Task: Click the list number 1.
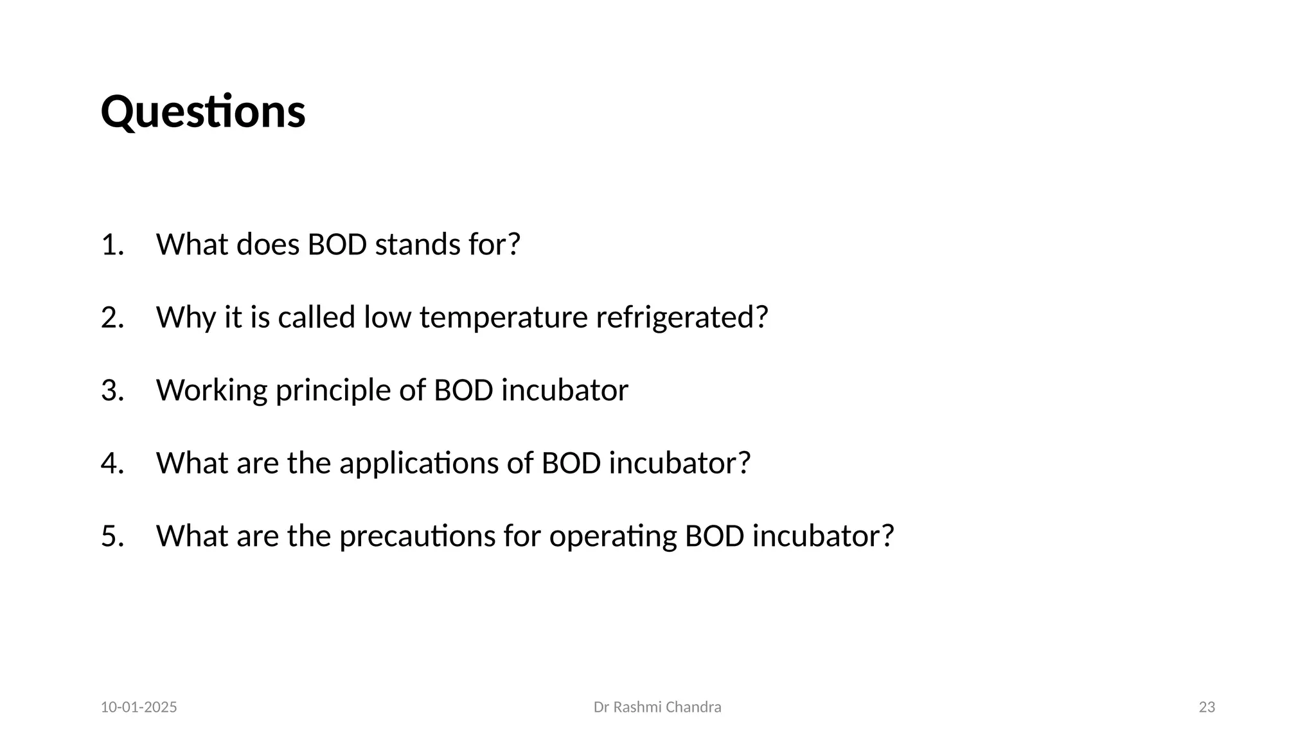coord(111,245)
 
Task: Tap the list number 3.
coord(112,391)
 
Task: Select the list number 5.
coord(112,536)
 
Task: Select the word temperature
coord(503,317)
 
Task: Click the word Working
coord(211,391)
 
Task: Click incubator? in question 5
coord(823,536)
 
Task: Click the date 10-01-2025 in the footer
coord(139,707)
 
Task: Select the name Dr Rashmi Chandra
coord(657,707)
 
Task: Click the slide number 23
coord(1207,707)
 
